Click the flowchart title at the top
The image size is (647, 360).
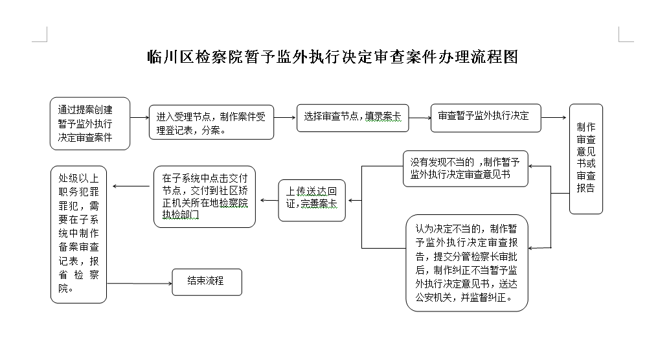(x=333, y=56)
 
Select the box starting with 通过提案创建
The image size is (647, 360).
(x=90, y=124)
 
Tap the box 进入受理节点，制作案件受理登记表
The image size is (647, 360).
(x=211, y=122)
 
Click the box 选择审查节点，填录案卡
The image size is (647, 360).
(x=353, y=118)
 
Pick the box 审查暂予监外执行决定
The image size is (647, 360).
(x=486, y=118)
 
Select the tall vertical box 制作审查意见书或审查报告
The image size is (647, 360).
(x=586, y=159)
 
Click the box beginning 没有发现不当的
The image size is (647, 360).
(x=466, y=168)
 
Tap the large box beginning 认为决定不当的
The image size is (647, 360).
(x=467, y=263)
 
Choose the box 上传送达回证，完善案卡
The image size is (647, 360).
(x=312, y=201)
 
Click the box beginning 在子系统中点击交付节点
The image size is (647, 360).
(x=205, y=197)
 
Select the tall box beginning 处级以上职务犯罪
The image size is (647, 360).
(x=78, y=234)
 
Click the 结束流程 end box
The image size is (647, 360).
(x=207, y=282)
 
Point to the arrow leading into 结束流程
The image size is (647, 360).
(x=139, y=284)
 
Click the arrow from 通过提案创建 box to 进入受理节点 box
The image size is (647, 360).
(x=139, y=118)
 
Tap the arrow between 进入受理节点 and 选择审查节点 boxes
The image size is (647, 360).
(x=285, y=118)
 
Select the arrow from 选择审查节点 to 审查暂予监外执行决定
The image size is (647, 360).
(x=420, y=118)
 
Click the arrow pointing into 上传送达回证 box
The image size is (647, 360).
(x=355, y=201)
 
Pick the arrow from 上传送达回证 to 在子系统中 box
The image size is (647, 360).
(x=269, y=201)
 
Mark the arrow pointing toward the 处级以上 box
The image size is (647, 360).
(x=131, y=186)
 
